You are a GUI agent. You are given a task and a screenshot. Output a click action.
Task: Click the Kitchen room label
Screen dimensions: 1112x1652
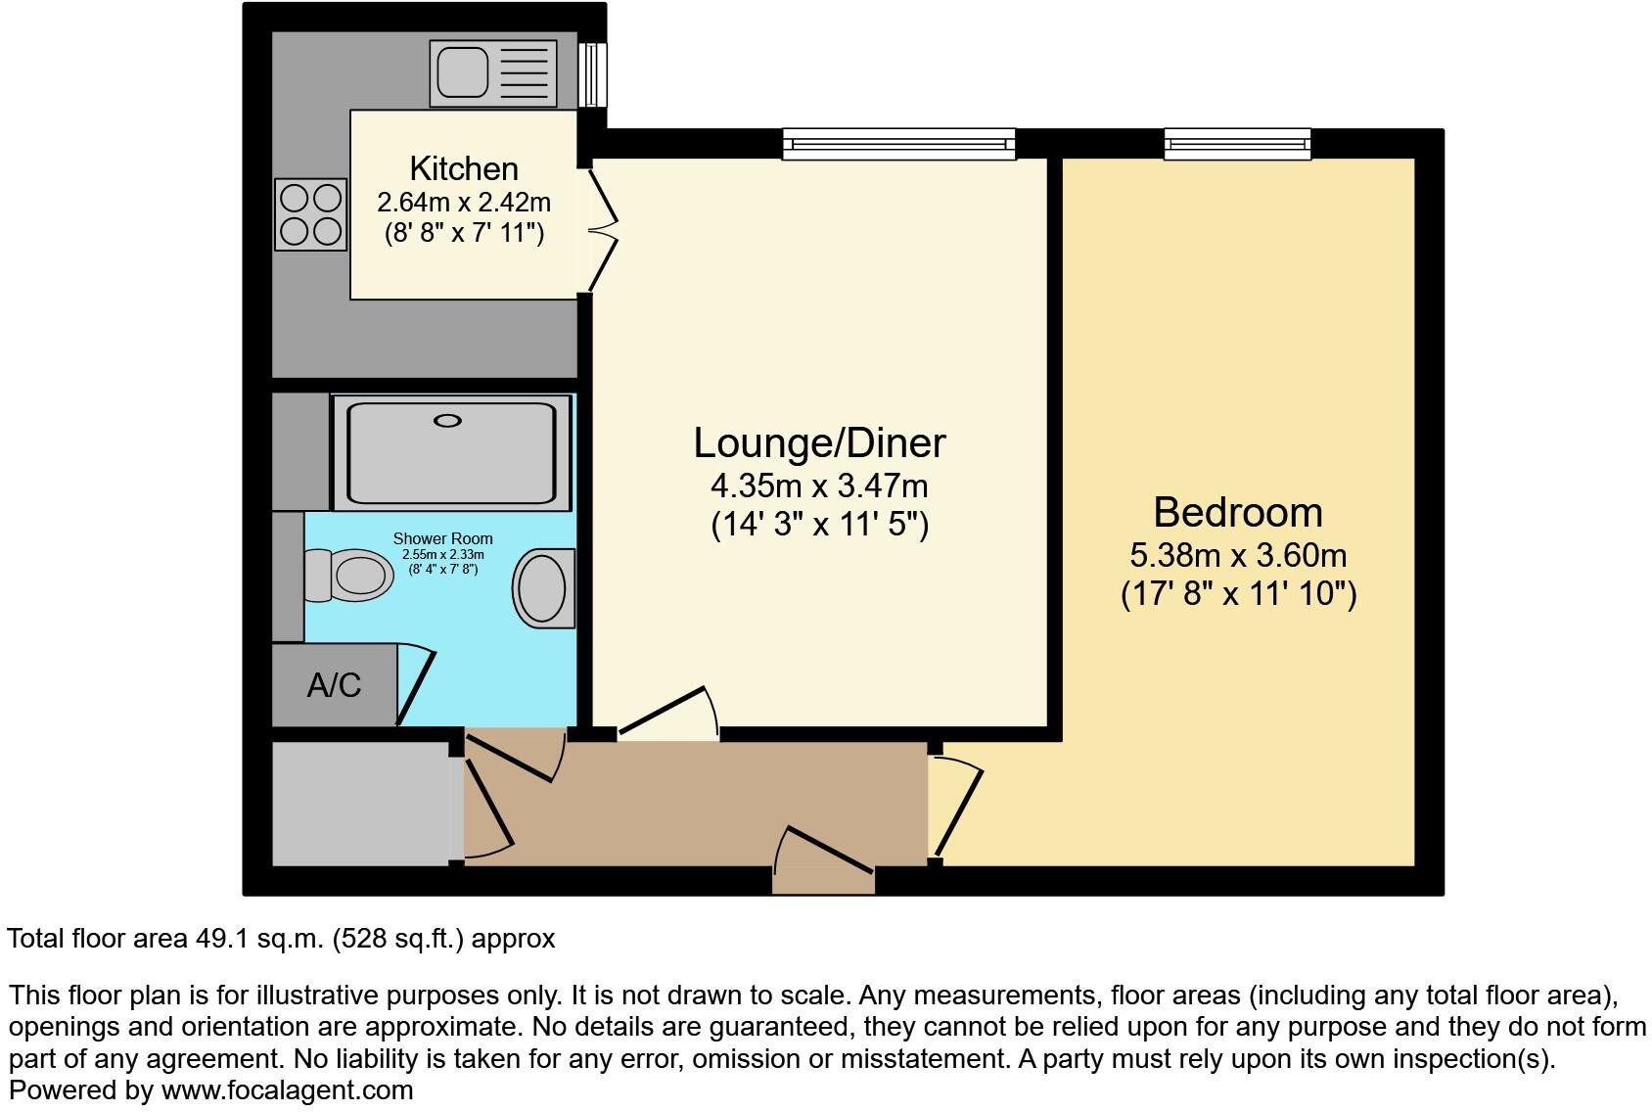(x=463, y=168)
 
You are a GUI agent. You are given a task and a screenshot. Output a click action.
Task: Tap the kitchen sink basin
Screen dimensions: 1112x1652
(x=462, y=73)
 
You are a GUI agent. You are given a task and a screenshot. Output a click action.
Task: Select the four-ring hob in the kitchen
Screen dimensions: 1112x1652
(x=311, y=214)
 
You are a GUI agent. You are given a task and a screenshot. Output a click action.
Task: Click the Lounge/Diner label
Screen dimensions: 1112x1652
(x=819, y=442)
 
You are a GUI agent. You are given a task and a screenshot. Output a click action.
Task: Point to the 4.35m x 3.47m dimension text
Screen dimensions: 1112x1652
(x=819, y=486)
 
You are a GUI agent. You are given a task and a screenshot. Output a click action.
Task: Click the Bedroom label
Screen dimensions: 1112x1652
(x=1237, y=512)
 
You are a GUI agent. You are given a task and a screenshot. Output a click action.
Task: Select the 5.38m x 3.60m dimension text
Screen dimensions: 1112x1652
(x=1237, y=556)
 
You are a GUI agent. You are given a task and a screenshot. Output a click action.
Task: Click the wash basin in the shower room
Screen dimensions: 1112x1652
(x=542, y=587)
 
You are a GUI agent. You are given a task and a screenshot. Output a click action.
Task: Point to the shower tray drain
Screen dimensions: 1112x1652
(x=447, y=421)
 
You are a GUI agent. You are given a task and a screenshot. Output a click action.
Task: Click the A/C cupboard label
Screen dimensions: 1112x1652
(x=334, y=685)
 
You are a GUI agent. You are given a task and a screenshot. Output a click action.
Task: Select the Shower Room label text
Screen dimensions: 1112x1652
(x=442, y=538)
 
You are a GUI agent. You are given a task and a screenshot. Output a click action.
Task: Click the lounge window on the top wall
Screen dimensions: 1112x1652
(x=898, y=145)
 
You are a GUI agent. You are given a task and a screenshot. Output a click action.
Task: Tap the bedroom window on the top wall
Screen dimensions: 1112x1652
(x=1237, y=145)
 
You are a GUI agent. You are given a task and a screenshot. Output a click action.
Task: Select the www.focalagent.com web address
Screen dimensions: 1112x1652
(x=287, y=1089)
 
